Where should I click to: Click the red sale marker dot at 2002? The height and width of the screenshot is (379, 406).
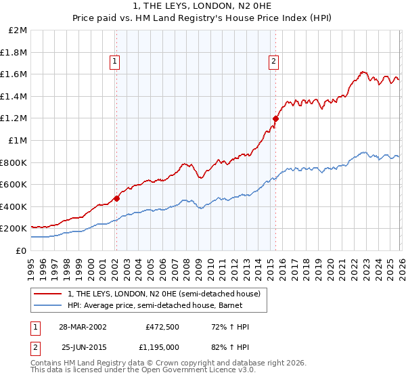pos(116,198)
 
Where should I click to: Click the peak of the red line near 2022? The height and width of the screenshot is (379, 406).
pos(363,71)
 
